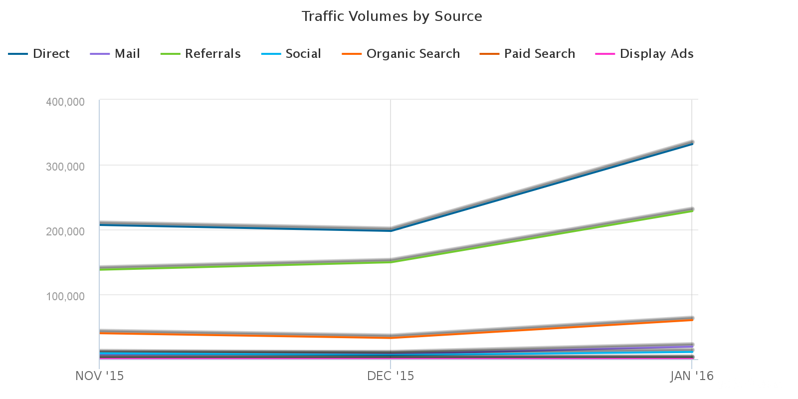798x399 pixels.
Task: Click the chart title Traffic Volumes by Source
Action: [x=392, y=16]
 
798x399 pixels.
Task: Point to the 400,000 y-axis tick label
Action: [x=72, y=102]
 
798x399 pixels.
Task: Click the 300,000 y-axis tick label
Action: [x=72, y=167]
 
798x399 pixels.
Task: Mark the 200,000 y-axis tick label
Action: [x=72, y=231]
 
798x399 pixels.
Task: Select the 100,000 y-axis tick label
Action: [x=72, y=296]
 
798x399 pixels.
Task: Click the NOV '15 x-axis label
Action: [x=99, y=376]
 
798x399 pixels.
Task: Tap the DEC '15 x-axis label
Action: [x=391, y=376]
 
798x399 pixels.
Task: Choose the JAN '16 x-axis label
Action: [x=692, y=376]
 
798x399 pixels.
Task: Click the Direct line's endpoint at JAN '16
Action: [x=692, y=144]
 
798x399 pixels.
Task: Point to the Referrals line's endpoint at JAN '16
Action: [x=692, y=210]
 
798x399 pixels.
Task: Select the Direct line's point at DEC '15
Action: [x=391, y=230]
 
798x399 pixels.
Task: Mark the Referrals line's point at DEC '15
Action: [x=391, y=261]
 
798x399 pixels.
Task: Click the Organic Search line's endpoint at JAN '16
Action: [x=692, y=319]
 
